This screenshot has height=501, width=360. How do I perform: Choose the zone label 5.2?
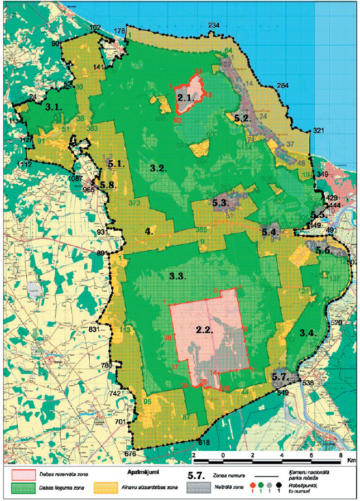pyautogui.click(x=244, y=118)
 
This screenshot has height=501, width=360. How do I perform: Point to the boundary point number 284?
pyautogui.click(x=282, y=85)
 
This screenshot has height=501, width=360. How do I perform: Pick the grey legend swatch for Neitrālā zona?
pyautogui.click(x=196, y=488)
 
